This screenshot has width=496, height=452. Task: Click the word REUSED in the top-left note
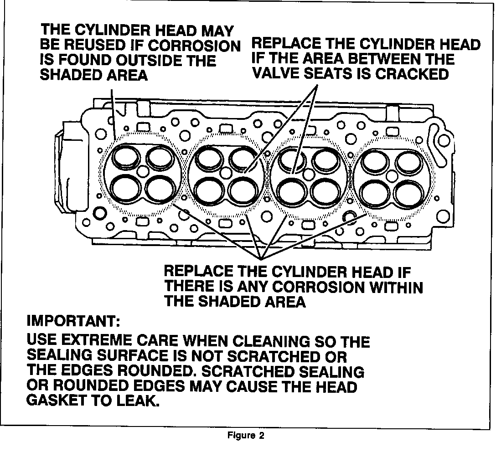click(x=96, y=45)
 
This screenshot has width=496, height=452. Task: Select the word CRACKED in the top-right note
click(x=412, y=74)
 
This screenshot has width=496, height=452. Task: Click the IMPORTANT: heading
click(x=73, y=321)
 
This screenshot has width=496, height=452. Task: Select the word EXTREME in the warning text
click(x=97, y=341)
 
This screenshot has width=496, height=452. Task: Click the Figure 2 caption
click(x=246, y=435)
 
